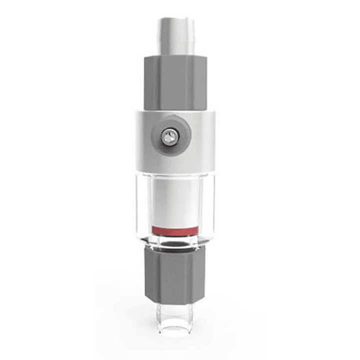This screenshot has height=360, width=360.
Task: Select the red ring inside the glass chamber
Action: (175, 231)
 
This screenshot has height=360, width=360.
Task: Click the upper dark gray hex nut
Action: (175, 82)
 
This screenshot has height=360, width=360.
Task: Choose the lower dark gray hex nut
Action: (175, 276)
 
